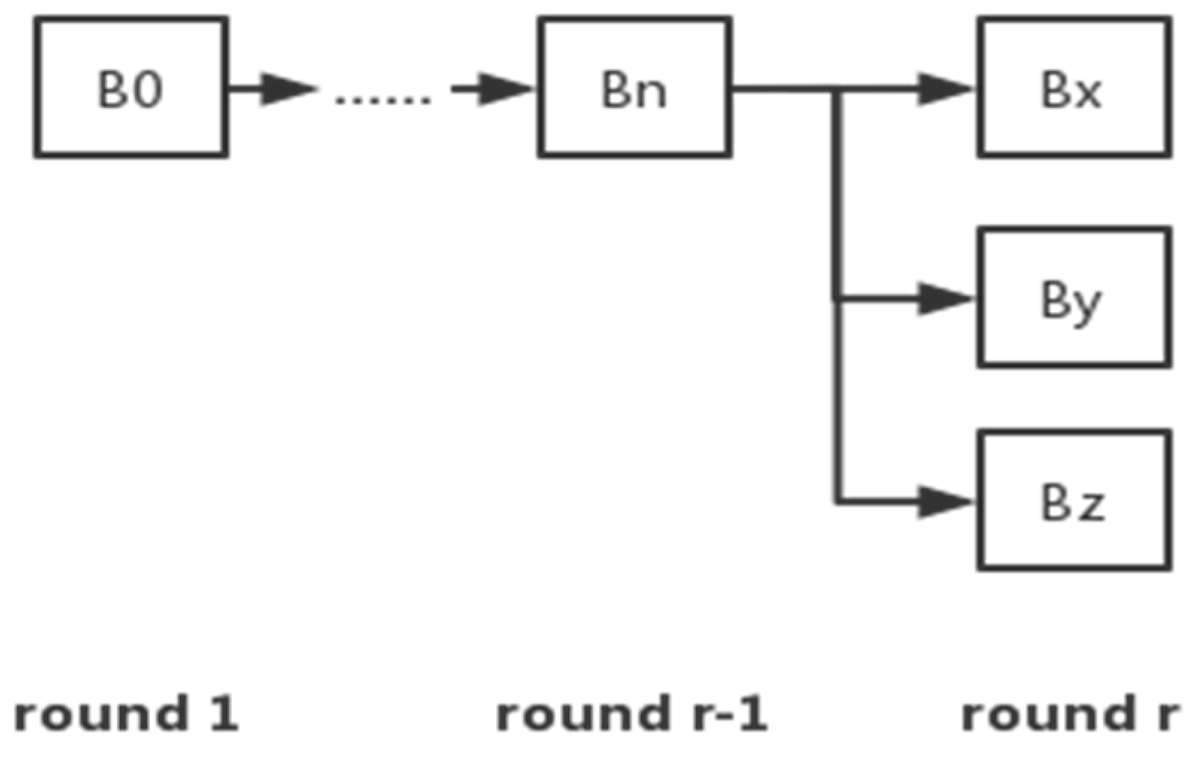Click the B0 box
pos(131,87)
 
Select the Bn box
pos(634,87)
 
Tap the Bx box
pos(1074,87)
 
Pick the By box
pos(1074,297)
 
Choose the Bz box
pos(1074,500)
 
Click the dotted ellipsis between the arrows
pos(383,99)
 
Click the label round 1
pos(125,714)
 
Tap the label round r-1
pos(631,714)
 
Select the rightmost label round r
pos(1069,714)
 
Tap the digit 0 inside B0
pos(148,89)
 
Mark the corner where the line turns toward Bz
pos(838,502)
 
